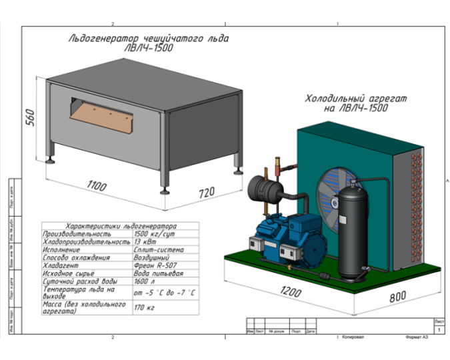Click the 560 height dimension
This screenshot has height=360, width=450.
[29, 118]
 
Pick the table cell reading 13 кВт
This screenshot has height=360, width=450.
[145, 242]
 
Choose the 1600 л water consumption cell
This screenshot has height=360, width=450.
[144, 281]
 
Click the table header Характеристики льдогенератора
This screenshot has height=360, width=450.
[119, 227]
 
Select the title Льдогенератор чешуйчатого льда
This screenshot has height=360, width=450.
[148, 39]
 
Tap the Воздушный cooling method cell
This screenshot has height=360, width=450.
[152, 257]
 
